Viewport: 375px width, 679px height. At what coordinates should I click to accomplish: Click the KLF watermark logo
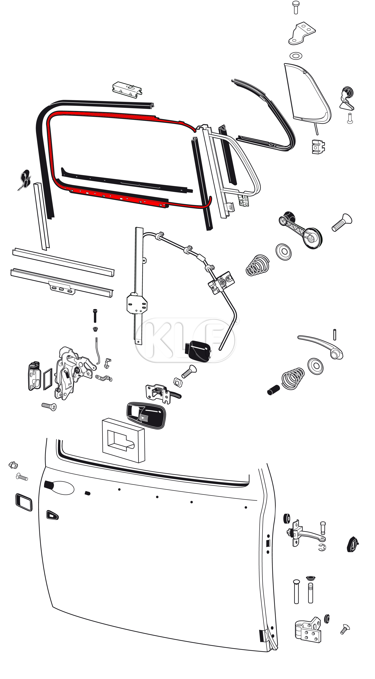[186, 340]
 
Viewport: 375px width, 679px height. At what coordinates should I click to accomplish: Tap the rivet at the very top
[296, 7]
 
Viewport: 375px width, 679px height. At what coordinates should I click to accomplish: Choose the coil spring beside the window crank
[258, 265]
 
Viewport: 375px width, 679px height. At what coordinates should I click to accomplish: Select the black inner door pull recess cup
[146, 415]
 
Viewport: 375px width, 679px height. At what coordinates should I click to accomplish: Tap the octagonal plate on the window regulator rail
[137, 304]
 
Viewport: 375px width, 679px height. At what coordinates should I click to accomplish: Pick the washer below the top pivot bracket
[296, 56]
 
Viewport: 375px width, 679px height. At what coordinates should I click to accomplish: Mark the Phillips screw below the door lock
[49, 406]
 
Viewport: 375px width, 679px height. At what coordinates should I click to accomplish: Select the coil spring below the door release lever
[293, 378]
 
